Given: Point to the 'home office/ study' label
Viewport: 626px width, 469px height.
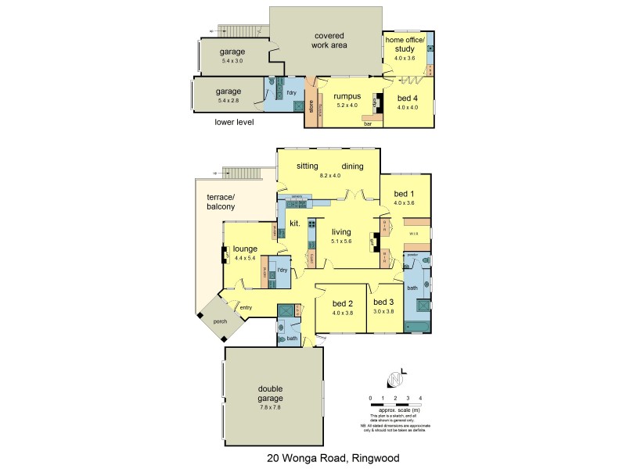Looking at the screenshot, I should [x=405, y=45].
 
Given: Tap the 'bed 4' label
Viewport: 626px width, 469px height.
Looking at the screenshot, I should [x=407, y=98].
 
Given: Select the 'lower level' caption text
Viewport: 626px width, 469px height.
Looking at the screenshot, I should [x=235, y=122].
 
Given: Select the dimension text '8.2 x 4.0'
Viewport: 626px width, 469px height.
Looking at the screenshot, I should [x=331, y=176].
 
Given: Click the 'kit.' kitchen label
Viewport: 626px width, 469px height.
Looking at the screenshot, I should [x=295, y=224].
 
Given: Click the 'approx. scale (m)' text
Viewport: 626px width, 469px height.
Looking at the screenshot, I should [x=395, y=410].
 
